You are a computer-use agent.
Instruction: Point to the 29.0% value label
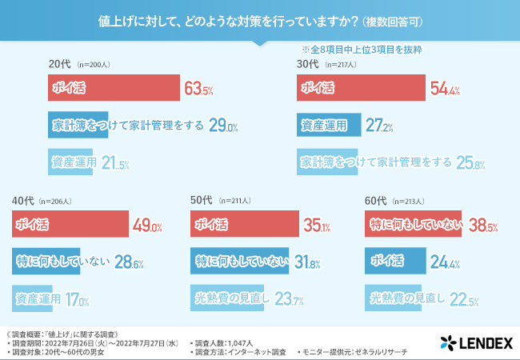coord(224,126)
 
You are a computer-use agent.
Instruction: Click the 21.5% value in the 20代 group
coord(116,162)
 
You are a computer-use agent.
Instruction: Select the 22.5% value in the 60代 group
coord(465,299)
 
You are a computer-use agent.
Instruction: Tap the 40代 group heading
coord(22,200)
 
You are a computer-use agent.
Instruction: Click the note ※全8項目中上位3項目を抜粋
coord(361,49)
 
